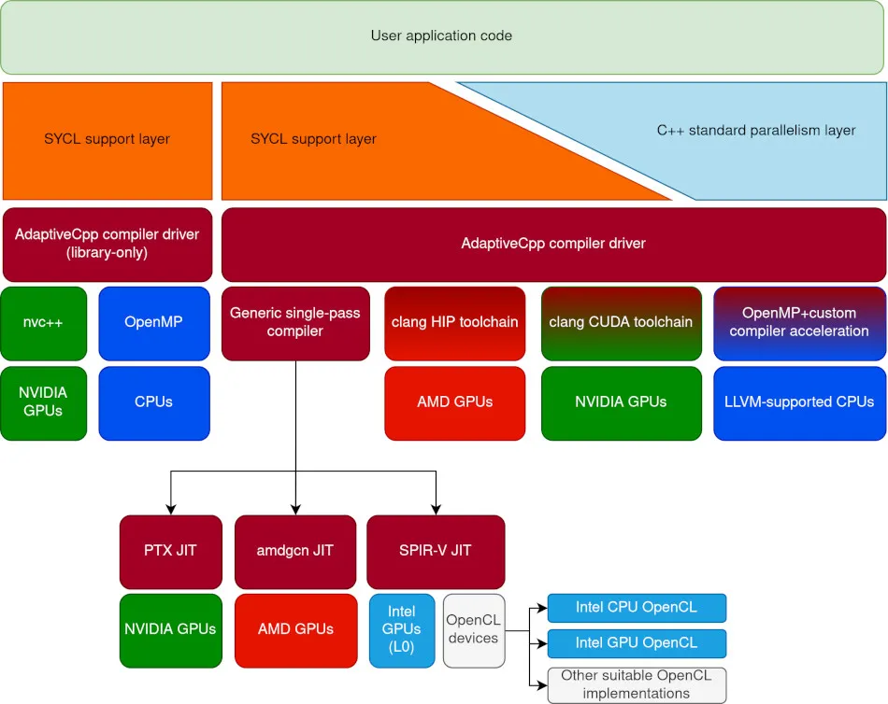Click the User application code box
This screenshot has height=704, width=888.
pos(442,37)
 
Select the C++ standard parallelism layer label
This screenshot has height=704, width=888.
pos(755,131)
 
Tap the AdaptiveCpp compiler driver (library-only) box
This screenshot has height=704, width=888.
pos(107,244)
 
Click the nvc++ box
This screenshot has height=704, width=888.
pos(43,322)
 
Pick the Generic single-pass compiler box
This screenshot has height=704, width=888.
pos(295,322)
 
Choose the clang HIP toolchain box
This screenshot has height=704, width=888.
pos(454,322)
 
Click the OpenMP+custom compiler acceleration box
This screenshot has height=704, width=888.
pos(799,322)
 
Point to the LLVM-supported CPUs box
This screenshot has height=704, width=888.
pos(799,402)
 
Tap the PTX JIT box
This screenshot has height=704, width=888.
pos(170,550)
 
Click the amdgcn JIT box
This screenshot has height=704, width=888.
pos(295,550)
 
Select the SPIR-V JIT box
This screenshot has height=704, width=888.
pos(436,550)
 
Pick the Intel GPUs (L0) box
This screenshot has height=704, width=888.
pos(402,630)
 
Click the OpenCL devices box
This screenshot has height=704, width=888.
pos(473,630)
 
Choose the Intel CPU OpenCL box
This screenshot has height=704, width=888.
pos(636,608)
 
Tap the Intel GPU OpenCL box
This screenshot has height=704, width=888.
pos(636,643)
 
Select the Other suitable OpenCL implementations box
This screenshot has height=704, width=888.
pos(636,684)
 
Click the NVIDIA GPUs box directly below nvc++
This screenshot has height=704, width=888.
pos(43,402)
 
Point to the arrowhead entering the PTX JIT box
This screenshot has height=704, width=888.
pos(170,510)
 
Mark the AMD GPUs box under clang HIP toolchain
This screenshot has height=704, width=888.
pos(454,402)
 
